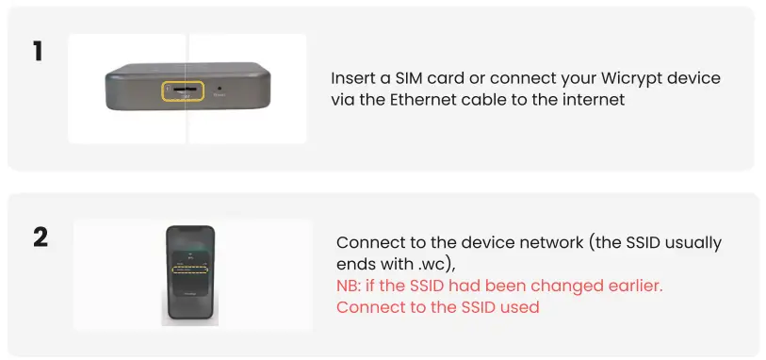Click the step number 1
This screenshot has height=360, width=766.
point(38,50)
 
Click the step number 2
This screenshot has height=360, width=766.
point(40,236)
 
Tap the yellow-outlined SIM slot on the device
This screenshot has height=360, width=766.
point(183,91)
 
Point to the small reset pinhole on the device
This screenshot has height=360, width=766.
point(220,88)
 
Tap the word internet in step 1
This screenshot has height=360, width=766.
point(595,99)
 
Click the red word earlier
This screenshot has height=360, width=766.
point(647,286)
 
